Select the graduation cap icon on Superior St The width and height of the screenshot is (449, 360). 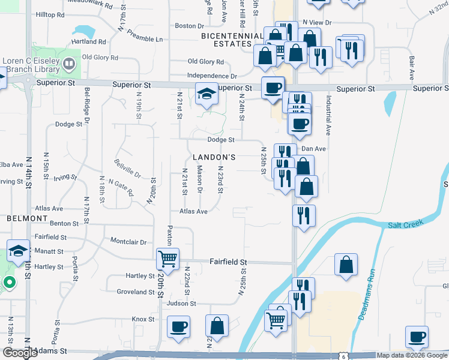click(x=206, y=94)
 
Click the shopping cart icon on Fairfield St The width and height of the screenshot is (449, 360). click(x=167, y=259)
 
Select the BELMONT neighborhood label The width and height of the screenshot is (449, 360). click(x=26, y=218)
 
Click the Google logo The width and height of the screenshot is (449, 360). click(x=20, y=353)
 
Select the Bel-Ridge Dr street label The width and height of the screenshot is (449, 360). click(x=87, y=104)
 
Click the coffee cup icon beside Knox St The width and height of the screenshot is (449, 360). click(x=178, y=327)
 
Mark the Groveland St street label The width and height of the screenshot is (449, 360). click(x=136, y=292)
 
